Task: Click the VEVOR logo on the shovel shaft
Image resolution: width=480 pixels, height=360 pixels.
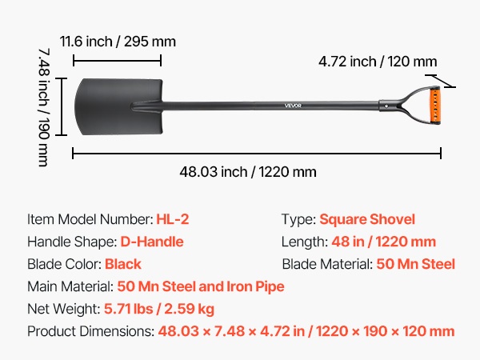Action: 293,106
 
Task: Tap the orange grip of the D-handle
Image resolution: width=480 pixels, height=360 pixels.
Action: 435,105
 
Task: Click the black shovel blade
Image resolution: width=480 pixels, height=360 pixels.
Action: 118,106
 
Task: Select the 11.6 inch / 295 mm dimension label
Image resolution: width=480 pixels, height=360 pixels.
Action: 118,42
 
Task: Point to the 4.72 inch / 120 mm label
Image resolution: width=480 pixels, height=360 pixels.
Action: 378,62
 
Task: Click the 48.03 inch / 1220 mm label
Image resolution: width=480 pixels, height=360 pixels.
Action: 248,172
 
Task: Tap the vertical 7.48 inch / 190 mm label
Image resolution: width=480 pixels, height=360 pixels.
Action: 44,107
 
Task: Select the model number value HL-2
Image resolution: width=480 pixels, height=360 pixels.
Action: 173,219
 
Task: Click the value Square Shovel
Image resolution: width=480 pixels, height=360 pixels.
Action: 367,219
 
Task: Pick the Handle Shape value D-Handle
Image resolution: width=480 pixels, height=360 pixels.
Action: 152,242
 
